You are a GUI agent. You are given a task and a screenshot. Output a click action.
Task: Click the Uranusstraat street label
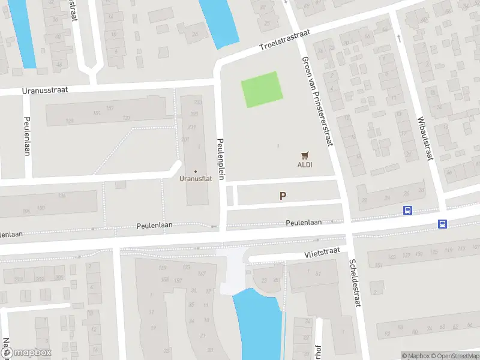45,89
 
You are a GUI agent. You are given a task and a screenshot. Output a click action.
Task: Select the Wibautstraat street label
422,139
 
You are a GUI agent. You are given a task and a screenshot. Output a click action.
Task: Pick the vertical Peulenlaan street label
26,136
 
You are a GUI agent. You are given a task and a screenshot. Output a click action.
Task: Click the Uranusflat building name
195,178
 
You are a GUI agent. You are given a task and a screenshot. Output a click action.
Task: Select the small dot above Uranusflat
195,171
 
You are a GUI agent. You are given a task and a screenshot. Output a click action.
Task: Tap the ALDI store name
305,164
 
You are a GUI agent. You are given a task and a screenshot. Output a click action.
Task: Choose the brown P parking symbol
283,196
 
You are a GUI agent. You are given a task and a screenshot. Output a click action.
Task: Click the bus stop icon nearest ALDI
407,210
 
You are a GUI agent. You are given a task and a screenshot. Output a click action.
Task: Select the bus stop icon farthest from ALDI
442,224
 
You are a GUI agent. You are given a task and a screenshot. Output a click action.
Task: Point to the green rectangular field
262,90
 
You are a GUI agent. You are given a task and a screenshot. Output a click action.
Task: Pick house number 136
62,196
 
